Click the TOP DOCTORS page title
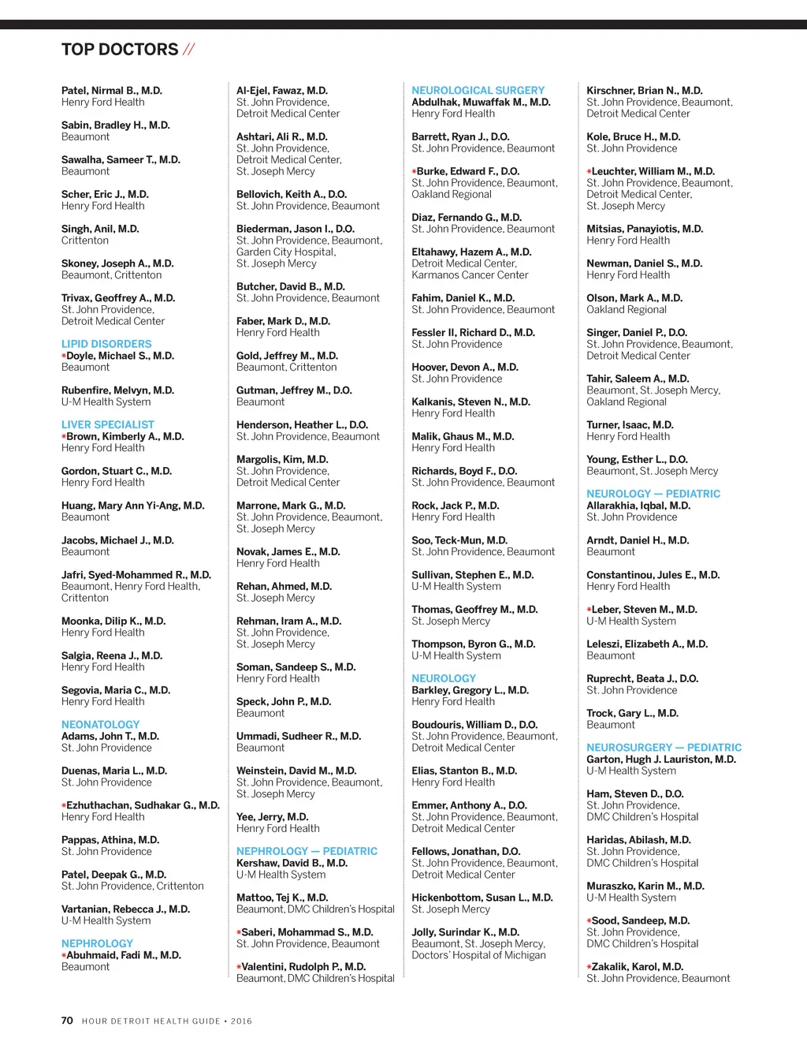[x=120, y=50]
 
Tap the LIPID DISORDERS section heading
[x=106, y=344]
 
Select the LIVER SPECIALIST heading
[x=108, y=424]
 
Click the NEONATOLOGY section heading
[x=100, y=724]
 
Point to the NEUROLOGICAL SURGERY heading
[x=478, y=91]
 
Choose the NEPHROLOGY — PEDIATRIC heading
[x=307, y=851]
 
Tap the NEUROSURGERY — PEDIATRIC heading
[x=664, y=747]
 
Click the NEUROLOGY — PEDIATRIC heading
[x=653, y=494]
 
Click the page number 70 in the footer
[x=67, y=1021]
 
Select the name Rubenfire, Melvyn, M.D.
[x=117, y=390]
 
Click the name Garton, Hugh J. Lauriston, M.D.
[x=660, y=759]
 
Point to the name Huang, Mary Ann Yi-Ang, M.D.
[x=132, y=506]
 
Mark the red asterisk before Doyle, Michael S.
[x=64, y=357]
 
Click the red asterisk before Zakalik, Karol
[x=589, y=967]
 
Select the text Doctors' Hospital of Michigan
[x=478, y=955]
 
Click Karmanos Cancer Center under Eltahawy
[x=470, y=275]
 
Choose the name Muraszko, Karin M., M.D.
[x=645, y=886]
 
